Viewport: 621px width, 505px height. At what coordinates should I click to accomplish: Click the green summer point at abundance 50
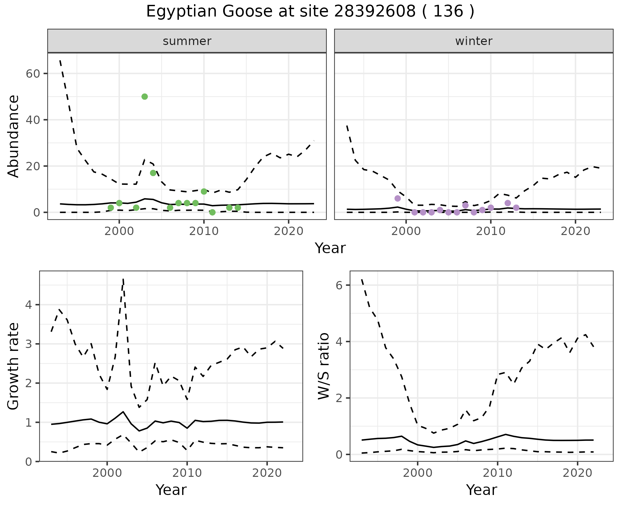tap(145, 96)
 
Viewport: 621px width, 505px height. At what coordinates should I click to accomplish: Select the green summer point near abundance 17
tap(153, 173)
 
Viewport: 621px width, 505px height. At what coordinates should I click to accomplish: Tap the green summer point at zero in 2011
tap(212, 212)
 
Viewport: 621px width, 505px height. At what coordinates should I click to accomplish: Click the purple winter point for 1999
tap(398, 198)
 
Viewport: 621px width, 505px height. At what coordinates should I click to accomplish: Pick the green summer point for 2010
tap(204, 191)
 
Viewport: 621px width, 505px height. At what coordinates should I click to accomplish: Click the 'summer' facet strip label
tap(187, 41)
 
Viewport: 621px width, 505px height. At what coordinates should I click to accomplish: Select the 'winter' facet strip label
tap(474, 41)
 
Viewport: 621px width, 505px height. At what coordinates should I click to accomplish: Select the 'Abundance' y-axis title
tap(14, 136)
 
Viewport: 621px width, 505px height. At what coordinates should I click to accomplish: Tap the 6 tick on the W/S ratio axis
tap(339, 285)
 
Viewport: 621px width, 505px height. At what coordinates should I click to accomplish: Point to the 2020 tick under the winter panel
tap(575, 231)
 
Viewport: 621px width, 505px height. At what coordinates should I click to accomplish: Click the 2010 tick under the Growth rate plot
tap(187, 473)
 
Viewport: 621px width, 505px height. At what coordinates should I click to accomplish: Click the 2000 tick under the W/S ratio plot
tap(418, 473)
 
